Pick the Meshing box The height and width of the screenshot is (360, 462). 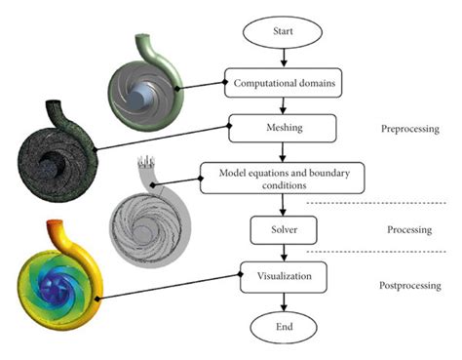(x=282, y=127)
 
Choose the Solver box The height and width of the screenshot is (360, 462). (x=282, y=230)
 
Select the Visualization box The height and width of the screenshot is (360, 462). (x=282, y=276)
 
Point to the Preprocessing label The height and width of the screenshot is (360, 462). (x=408, y=128)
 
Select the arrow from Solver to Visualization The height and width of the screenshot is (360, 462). (x=283, y=254)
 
